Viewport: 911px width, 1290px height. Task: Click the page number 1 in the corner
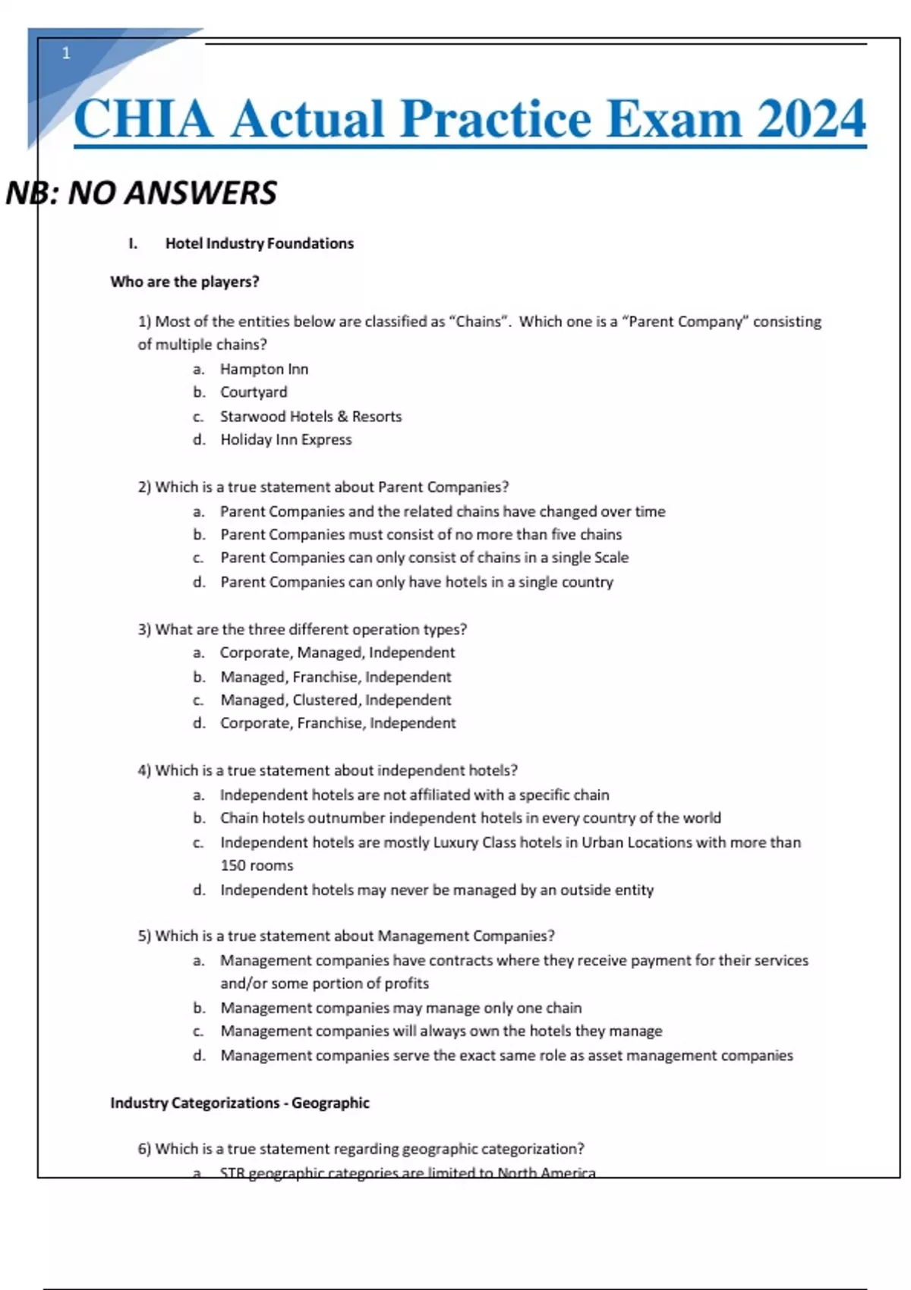[66, 53]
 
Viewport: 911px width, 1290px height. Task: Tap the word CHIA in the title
[143, 119]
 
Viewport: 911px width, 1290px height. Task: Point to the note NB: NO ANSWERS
[141, 193]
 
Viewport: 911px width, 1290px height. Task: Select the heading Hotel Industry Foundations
[259, 244]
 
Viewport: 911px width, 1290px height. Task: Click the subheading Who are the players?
[184, 282]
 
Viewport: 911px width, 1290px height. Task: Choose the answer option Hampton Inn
[263, 370]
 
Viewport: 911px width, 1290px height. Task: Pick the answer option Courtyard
[254, 392]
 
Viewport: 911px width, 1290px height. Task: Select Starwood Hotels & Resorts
[310, 417]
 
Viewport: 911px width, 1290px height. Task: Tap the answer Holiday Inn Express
[285, 439]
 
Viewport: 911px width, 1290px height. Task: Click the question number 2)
[144, 487]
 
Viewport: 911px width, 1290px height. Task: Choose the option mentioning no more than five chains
[421, 535]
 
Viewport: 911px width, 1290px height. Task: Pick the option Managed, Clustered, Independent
[336, 700]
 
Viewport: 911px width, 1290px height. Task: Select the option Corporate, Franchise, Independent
[338, 723]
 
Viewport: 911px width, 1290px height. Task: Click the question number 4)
[144, 771]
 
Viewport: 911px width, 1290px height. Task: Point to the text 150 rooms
[257, 866]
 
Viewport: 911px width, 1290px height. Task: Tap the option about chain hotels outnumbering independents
[470, 818]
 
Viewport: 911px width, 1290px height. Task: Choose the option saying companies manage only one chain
[401, 1008]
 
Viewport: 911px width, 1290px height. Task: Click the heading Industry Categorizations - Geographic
[240, 1103]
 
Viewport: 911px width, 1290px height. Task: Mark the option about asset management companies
[506, 1056]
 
